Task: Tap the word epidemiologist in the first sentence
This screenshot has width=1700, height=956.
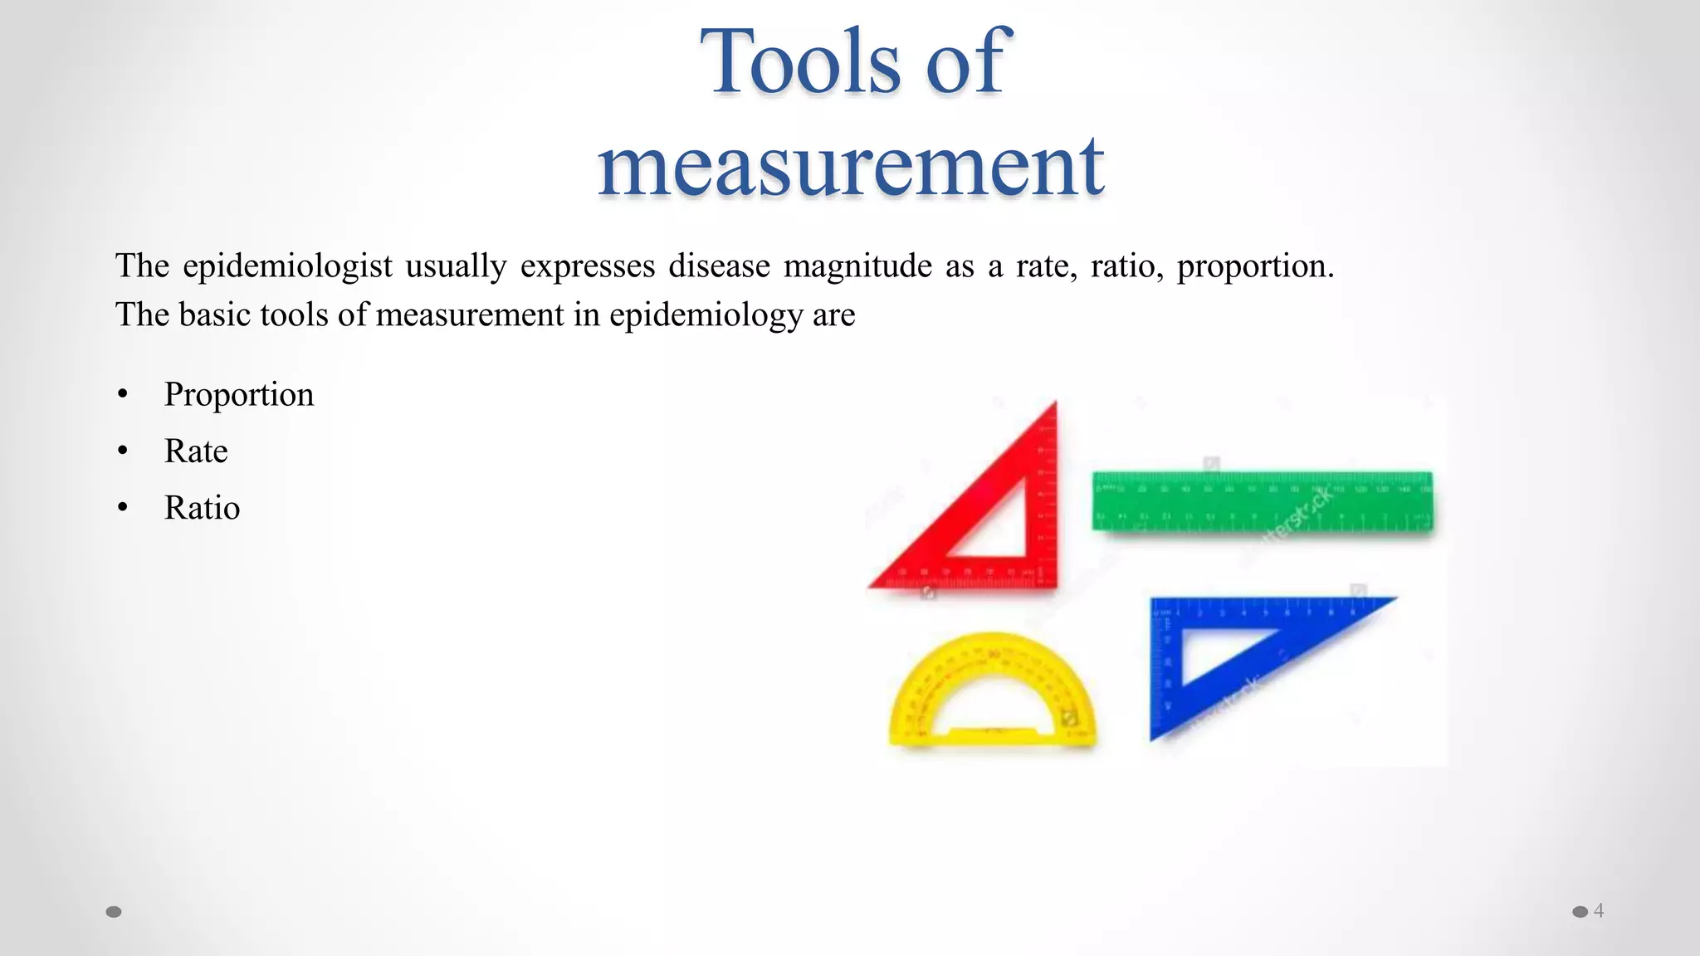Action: [x=287, y=266]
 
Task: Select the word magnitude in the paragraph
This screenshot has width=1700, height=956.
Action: [x=857, y=266]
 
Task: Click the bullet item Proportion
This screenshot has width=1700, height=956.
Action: [x=239, y=395]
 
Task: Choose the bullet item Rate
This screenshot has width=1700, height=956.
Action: [x=196, y=451]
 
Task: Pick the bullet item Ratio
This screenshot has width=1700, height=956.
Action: [x=202, y=508]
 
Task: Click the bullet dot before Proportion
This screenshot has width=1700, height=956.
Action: [x=123, y=395]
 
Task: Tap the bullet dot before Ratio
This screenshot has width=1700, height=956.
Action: [x=123, y=508]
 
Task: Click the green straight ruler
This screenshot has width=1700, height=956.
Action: [x=1262, y=500]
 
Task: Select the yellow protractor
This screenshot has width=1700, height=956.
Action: [x=992, y=697]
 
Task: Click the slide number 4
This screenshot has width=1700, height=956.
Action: [x=1599, y=910]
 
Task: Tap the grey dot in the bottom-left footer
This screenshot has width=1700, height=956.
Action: [x=114, y=912]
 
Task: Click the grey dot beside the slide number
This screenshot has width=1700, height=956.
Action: [x=1580, y=912]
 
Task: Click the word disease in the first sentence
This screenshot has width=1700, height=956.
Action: [x=719, y=266]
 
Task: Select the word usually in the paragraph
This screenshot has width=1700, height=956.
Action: [x=456, y=266]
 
